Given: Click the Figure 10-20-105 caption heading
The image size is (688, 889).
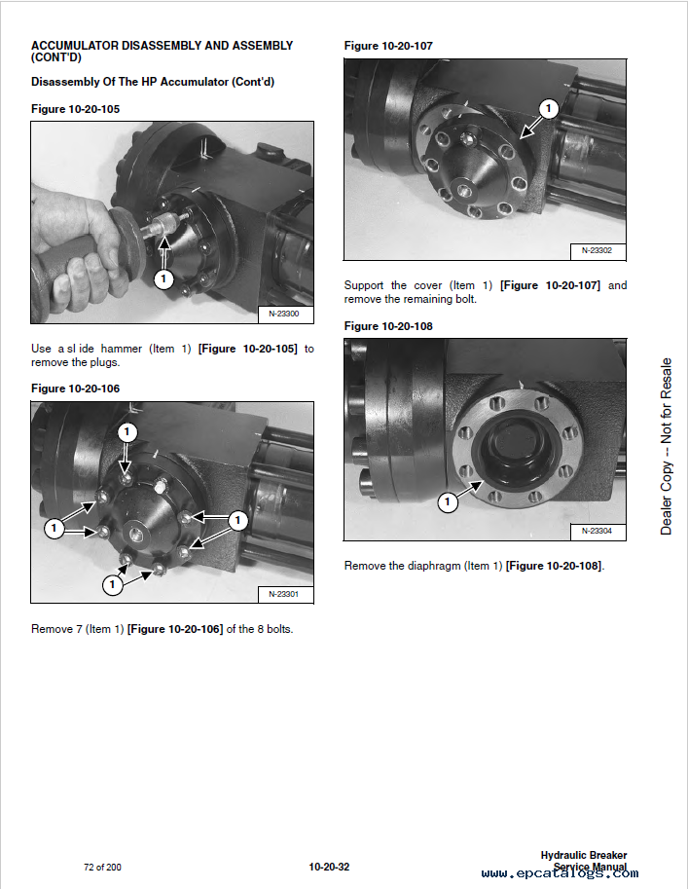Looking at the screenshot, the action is [75, 109].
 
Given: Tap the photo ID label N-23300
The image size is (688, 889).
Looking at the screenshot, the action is [284, 314].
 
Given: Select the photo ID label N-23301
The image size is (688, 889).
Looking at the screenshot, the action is [283, 594].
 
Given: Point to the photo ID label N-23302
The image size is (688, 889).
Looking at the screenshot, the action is [597, 250].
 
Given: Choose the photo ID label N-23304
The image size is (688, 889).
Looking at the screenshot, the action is [597, 531].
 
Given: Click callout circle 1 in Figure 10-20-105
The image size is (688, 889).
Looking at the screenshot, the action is [163, 278].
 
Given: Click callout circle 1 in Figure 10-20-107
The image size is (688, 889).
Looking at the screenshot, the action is [548, 108].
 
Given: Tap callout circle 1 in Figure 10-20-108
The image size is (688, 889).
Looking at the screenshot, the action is [448, 501].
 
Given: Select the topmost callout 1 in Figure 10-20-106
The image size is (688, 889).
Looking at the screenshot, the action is [127, 432].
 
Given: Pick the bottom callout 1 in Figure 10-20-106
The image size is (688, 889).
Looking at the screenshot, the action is [112, 584].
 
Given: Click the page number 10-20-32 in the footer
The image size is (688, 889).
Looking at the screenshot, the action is [329, 867].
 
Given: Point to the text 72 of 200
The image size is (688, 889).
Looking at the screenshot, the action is [102, 867].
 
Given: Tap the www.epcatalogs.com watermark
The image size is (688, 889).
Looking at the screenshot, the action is [560, 873].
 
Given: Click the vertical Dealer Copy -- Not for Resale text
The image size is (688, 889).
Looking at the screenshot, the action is [666, 446].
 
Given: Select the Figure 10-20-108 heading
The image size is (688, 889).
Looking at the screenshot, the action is [388, 326].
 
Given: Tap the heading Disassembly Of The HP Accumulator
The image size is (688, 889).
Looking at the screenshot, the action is [153, 82].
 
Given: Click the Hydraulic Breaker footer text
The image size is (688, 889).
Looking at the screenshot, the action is [584, 855].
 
